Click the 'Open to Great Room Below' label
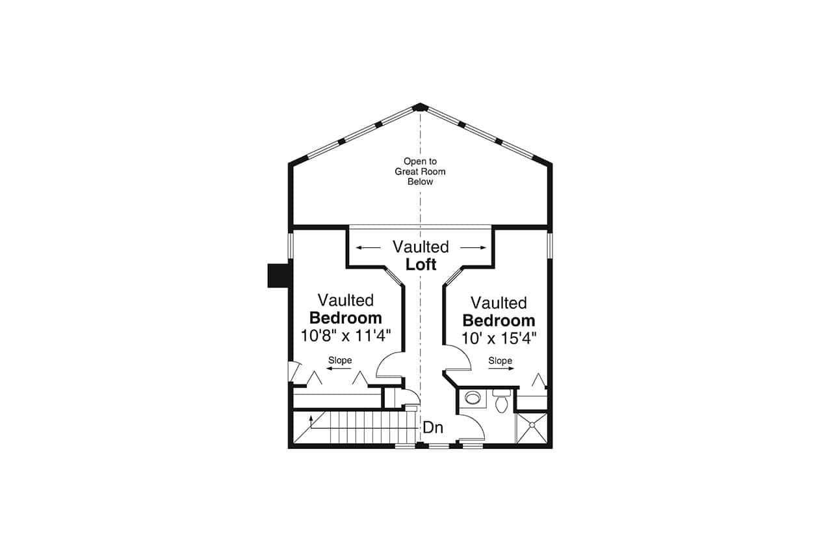(420, 172)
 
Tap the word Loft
(421, 264)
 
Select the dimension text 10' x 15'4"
(499, 338)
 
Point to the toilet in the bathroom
(501, 403)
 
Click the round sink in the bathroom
(473, 398)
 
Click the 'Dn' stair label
(433, 427)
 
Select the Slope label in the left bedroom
(340, 360)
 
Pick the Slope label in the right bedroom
(500, 360)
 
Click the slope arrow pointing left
(339, 369)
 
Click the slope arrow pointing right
(501, 369)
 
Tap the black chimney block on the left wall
(278, 275)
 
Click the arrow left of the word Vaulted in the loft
(368, 248)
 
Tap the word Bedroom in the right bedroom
(499, 321)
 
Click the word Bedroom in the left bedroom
(345, 318)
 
